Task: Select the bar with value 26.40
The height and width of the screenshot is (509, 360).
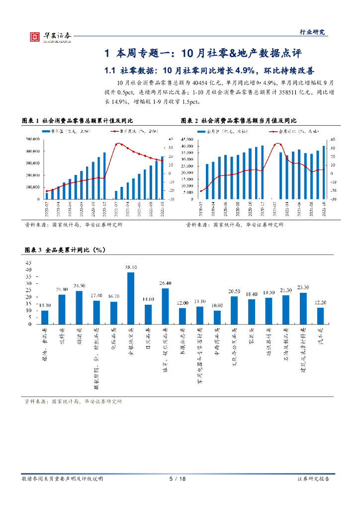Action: tap(165, 306)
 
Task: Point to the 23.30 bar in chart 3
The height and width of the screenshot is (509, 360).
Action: tap(303, 308)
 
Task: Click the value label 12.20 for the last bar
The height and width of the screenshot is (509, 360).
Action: tap(320, 302)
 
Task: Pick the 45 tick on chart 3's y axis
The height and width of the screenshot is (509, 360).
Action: tap(28, 263)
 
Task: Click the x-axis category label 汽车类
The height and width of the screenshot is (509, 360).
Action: tap(321, 338)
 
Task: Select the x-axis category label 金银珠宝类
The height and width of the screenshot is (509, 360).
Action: tap(131, 341)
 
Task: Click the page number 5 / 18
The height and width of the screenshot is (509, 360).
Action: tap(178, 479)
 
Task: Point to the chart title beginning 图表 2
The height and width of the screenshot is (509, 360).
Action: tap(238, 121)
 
